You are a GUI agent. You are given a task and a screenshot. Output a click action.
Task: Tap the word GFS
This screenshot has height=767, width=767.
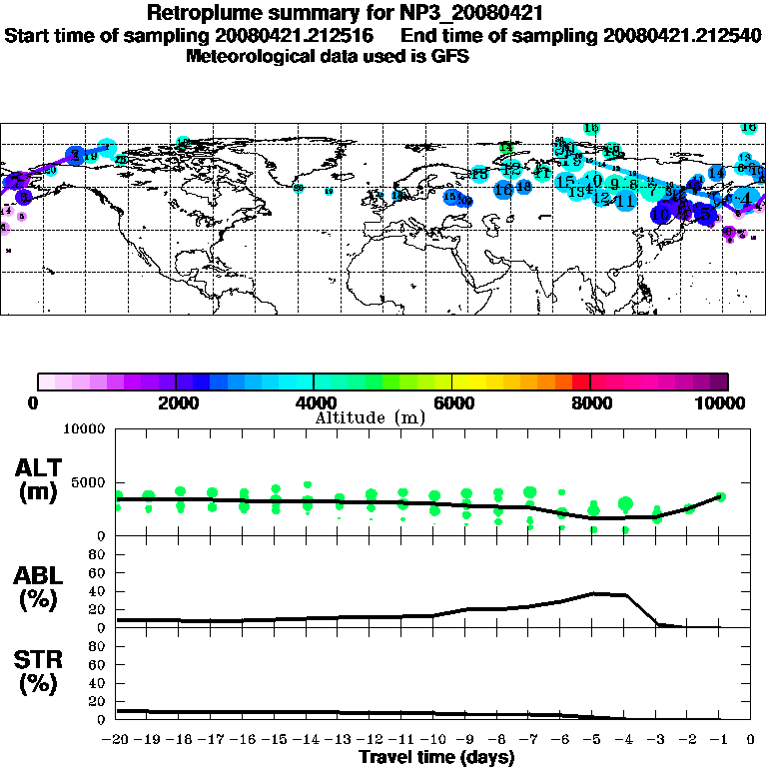coord(449,56)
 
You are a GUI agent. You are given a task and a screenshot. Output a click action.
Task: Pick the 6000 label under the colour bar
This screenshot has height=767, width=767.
coord(453,402)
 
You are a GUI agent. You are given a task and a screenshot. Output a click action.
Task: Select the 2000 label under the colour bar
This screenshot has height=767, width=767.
coord(177,402)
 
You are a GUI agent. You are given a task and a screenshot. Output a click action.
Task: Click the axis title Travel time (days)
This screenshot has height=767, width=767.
coord(436,758)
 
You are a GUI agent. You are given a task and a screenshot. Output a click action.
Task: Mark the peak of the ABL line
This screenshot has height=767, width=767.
coord(594,593)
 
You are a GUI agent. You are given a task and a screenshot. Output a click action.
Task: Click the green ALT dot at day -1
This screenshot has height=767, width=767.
coord(720,496)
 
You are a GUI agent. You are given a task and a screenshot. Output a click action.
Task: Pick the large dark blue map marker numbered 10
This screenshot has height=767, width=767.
coord(662,213)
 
